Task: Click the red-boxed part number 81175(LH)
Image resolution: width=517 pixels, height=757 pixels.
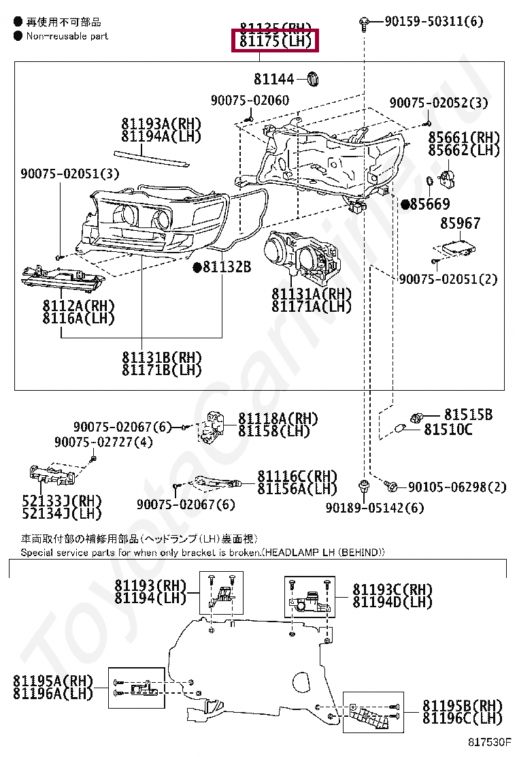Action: pyautogui.click(x=275, y=42)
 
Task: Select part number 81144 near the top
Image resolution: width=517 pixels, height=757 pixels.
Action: pyautogui.click(x=274, y=79)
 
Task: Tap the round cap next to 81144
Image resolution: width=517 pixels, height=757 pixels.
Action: pyautogui.click(x=312, y=78)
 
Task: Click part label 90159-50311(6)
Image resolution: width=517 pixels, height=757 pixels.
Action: pyautogui.click(x=433, y=22)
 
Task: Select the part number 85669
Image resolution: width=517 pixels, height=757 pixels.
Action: pyautogui.click(x=429, y=204)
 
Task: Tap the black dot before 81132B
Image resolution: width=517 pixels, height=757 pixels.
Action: pyautogui.click(x=197, y=268)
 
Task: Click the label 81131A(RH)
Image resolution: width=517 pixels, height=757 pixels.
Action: pyautogui.click(x=312, y=294)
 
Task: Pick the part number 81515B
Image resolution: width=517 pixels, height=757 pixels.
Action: pyautogui.click(x=468, y=415)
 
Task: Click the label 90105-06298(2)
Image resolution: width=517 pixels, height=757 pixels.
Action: pyautogui.click(x=457, y=487)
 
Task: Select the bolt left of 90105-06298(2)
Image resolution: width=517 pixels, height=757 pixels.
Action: pyautogui.click(x=391, y=486)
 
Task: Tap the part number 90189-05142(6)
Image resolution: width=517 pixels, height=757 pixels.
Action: pyautogui.click(x=374, y=507)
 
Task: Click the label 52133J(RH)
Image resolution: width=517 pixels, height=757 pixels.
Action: pyautogui.click(x=61, y=500)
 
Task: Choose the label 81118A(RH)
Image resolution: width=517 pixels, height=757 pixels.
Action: pyautogui.click(x=278, y=419)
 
